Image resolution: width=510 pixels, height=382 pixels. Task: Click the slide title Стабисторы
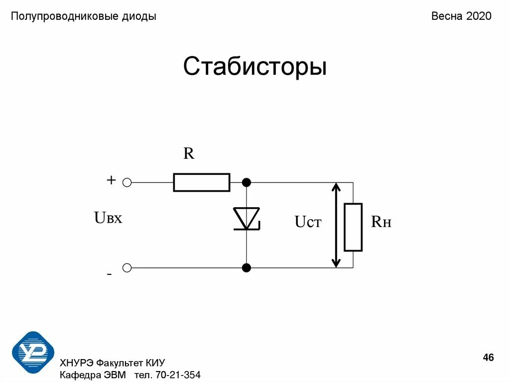click(x=255, y=67)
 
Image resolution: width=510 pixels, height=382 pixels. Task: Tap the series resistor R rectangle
click(x=202, y=183)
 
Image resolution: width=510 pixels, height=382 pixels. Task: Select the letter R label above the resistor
click(x=189, y=153)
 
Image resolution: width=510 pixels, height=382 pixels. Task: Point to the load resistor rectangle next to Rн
click(x=353, y=227)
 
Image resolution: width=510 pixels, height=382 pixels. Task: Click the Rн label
click(x=381, y=222)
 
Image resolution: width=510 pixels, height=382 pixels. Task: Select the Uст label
click(x=308, y=222)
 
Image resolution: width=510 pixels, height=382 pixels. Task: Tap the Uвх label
click(x=108, y=218)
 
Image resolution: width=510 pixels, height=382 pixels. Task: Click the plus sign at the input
click(x=111, y=180)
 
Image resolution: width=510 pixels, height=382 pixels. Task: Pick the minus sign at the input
click(x=109, y=274)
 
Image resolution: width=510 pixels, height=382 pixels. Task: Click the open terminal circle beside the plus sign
click(x=127, y=183)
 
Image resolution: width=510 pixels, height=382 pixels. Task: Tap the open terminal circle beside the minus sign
click(x=127, y=268)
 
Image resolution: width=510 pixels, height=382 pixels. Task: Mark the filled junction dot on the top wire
click(x=246, y=183)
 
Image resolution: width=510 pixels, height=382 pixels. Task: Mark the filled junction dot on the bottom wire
click(x=246, y=268)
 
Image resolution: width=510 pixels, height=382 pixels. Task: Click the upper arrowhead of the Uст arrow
click(x=337, y=188)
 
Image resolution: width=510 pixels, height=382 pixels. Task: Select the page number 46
click(x=488, y=358)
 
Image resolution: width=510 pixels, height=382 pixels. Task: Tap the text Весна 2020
click(x=461, y=16)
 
